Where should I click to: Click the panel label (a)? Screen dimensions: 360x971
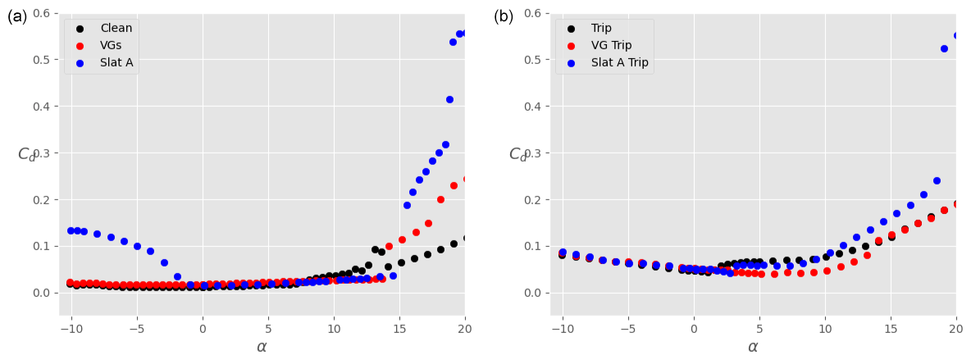17,16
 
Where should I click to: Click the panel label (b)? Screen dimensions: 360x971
504,16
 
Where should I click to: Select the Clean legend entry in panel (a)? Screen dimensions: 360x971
116,29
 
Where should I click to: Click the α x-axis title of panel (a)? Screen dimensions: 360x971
262,347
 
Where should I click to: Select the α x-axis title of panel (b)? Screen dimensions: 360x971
753,347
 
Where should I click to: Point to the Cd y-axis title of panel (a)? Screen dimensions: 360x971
27,154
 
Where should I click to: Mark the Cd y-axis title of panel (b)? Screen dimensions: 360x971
518,154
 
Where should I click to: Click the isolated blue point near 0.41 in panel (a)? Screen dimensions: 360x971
449,99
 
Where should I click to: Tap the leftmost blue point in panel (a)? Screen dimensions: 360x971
71,230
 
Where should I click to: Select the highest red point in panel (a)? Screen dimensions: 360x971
466,179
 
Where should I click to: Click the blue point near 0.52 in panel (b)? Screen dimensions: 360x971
944,48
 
